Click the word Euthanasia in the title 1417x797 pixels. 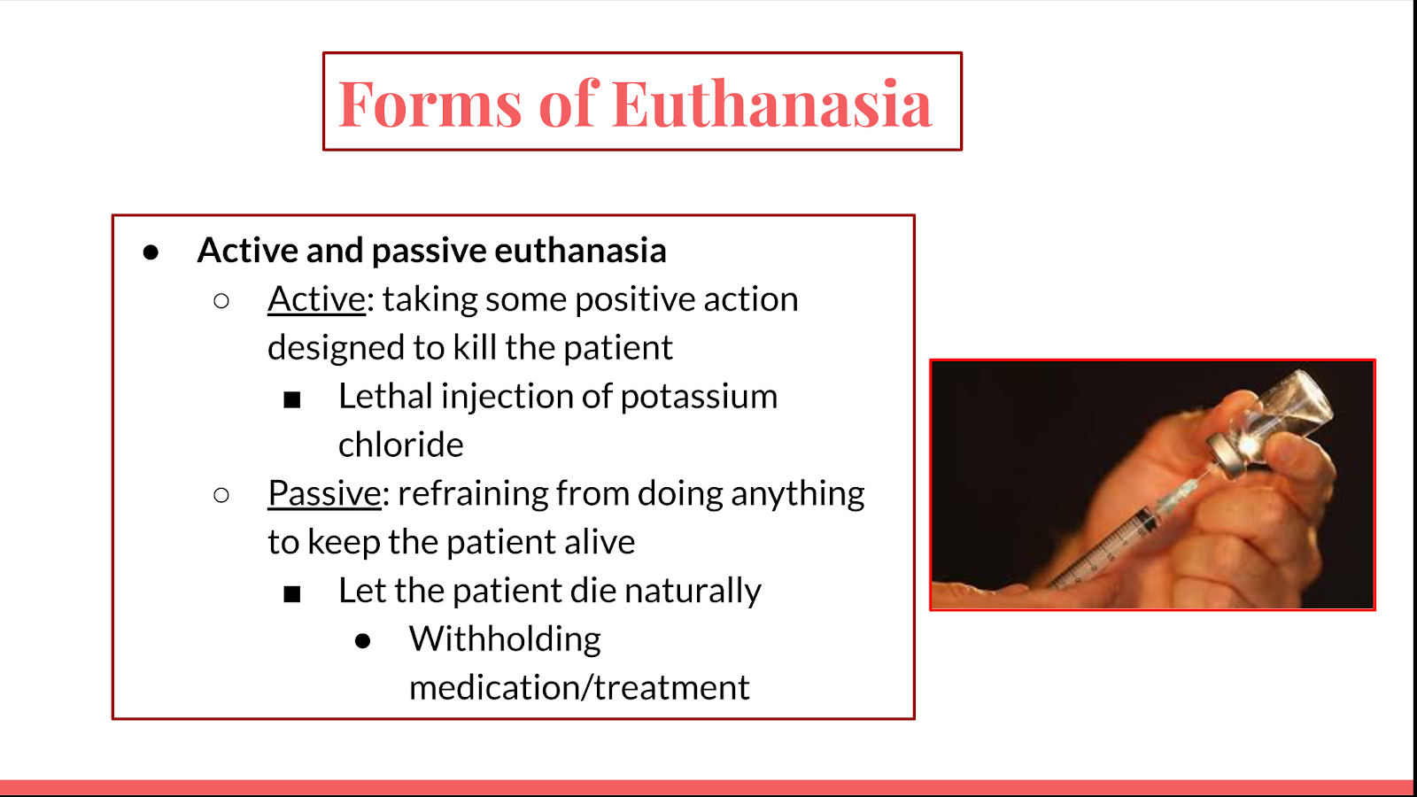pos(771,103)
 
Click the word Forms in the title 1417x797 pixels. pos(430,103)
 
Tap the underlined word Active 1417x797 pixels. pos(316,299)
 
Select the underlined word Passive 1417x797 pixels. pos(324,493)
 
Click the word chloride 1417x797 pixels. pos(401,444)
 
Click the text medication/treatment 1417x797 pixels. pos(579,687)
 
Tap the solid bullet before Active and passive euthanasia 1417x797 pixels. pos(151,252)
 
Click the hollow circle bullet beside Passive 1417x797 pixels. pos(221,495)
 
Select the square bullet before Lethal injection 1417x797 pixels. pos(291,399)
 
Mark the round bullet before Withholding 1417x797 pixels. pos(362,641)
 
